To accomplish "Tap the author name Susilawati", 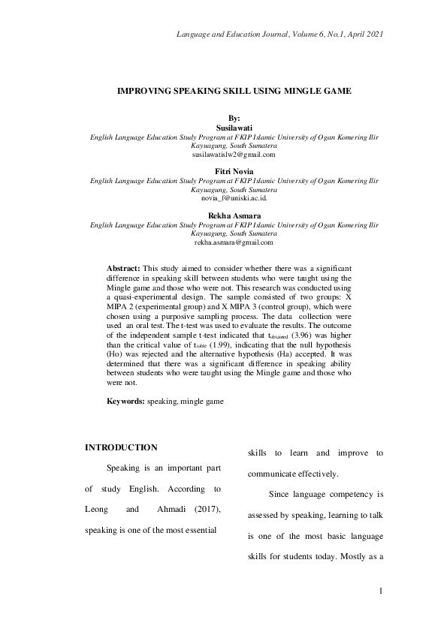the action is [234, 128].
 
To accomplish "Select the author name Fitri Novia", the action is [234, 172].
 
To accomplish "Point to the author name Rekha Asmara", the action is [234, 215].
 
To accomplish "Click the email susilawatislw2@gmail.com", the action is [234, 155].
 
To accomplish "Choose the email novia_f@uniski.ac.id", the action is [234, 198].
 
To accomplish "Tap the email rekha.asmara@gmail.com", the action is [234, 242].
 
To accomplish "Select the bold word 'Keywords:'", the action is [125, 402].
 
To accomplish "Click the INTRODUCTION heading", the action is [121, 447].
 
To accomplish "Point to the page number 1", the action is [382, 591].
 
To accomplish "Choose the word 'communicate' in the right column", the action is [277, 474].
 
